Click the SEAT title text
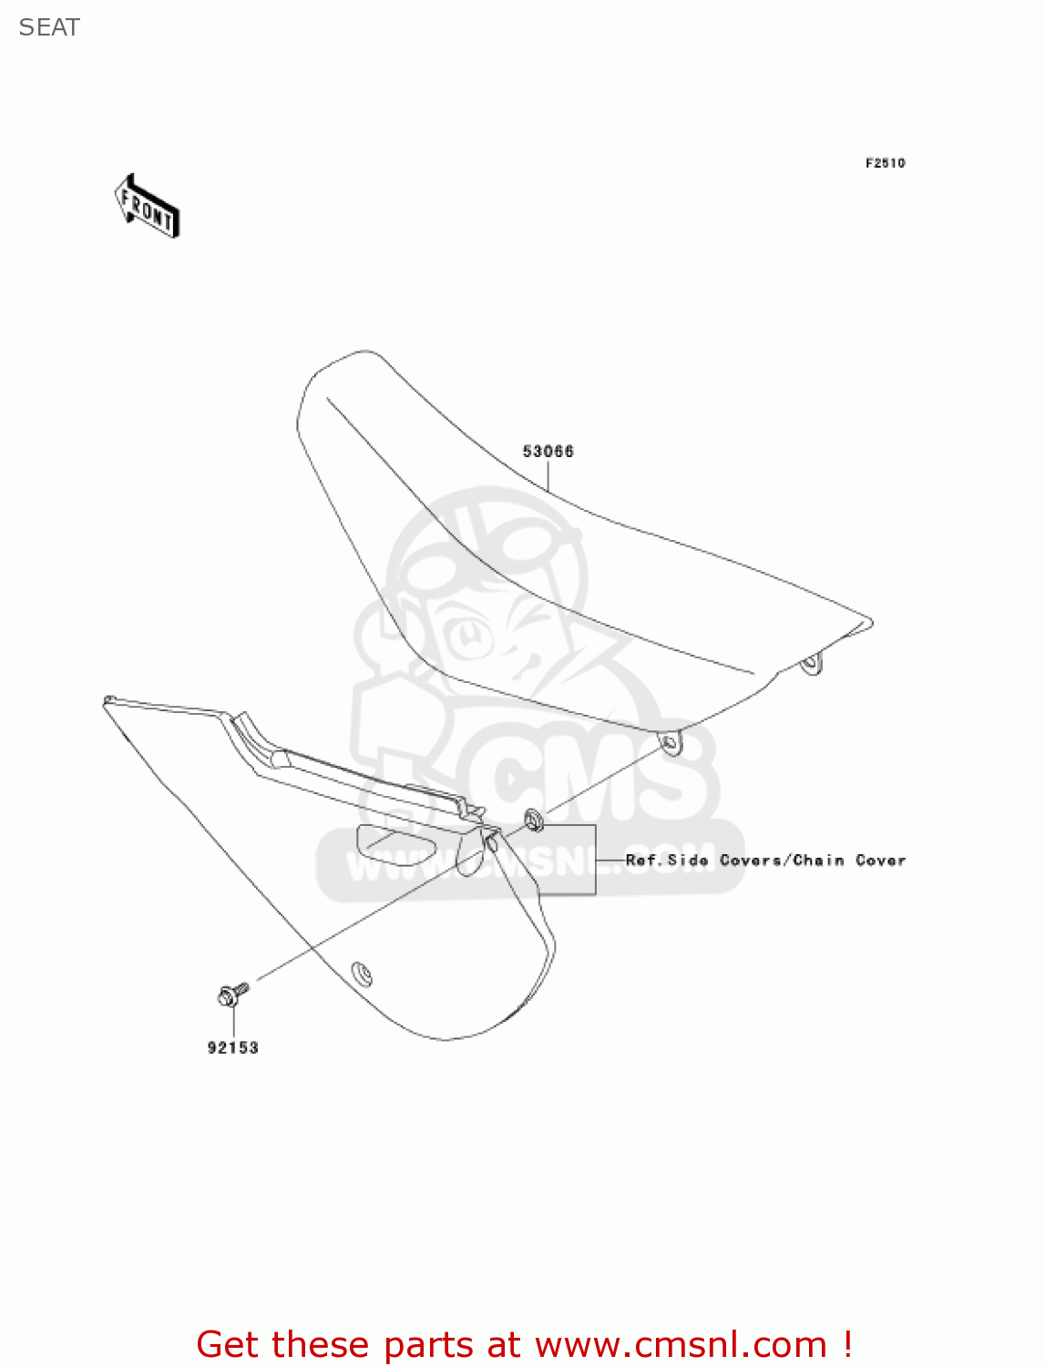(x=49, y=27)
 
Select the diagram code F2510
(x=885, y=163)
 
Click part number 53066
(x=548, y=451)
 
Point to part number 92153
(x=233, y=1048)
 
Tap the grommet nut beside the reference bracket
(x=535, y=821)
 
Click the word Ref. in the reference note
(x=642, y=860)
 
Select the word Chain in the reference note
(x=818, y=860)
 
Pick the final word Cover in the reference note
(x=880, y=860)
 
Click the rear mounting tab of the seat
(x=810, y=665)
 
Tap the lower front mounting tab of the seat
(x=670, y=743)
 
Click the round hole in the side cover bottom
(x=363, y=974)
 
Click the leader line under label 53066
(x=548, y=476)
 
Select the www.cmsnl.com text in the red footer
(x=681, y=1344)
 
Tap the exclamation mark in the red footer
(x=848, y=1344)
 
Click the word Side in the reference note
(x=688, y=860)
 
